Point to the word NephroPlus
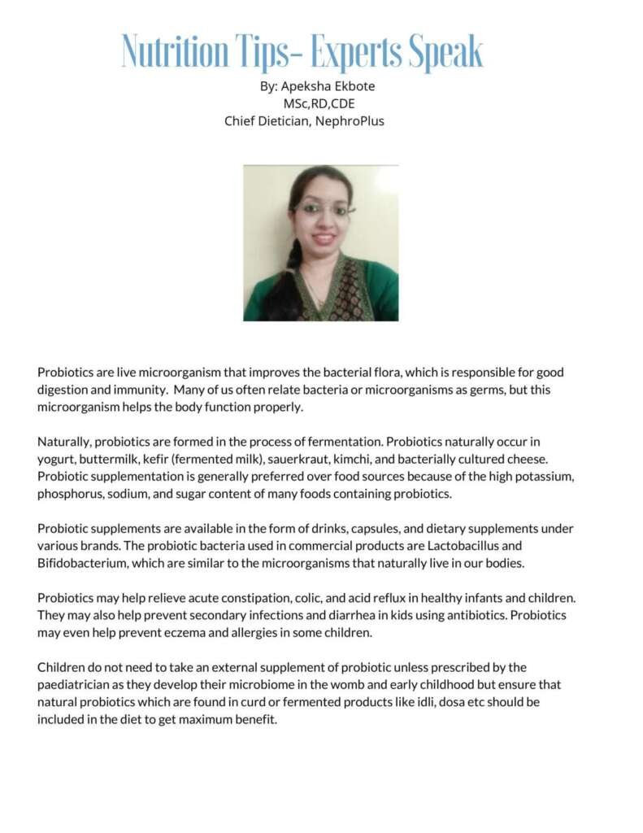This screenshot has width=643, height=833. coord(351,121)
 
